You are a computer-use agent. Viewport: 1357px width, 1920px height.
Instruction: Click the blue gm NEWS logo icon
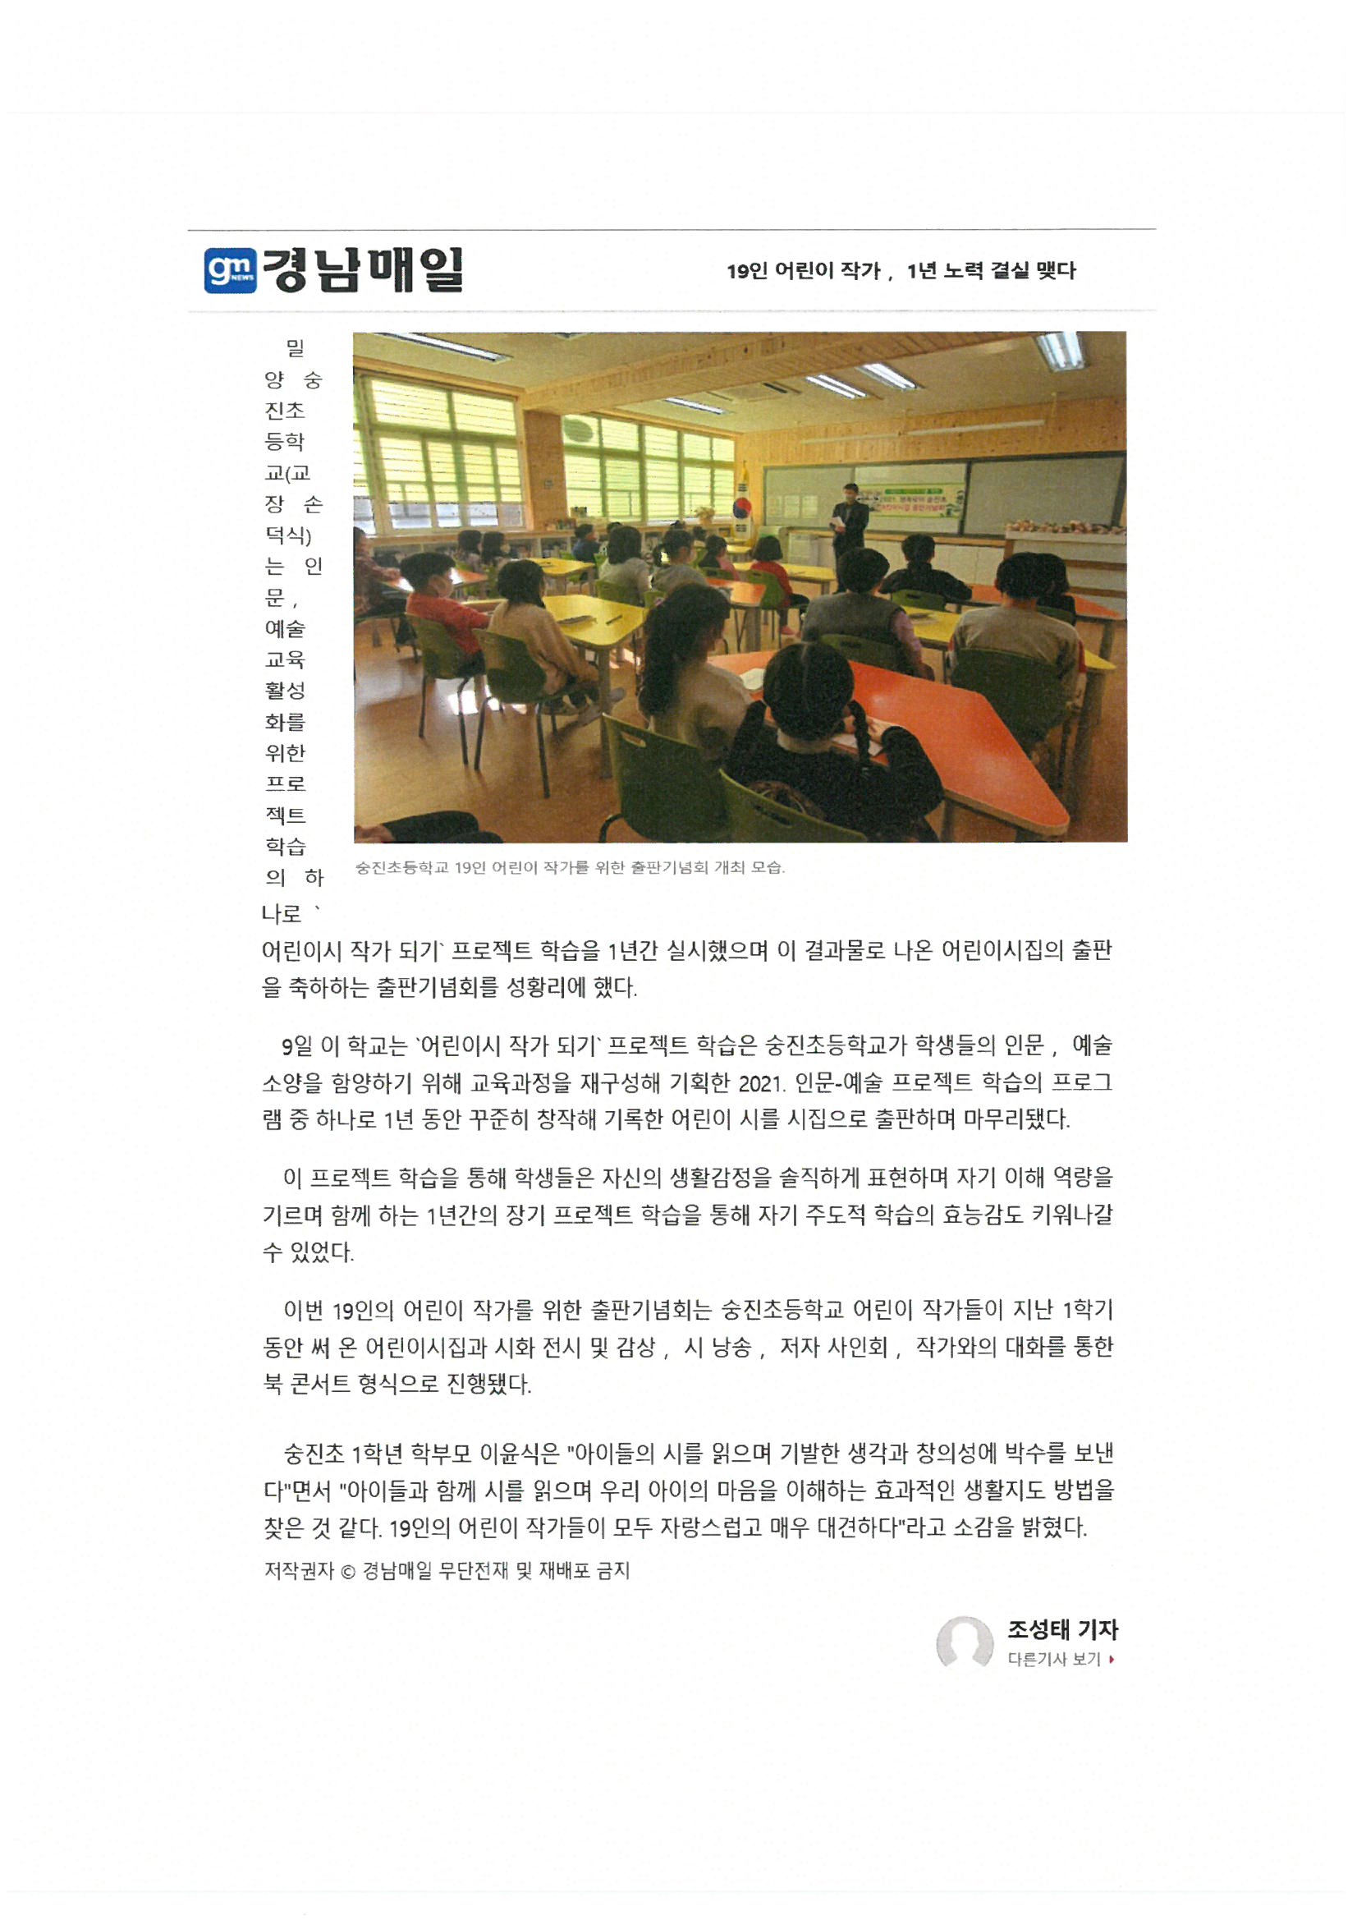(x=230, y=270)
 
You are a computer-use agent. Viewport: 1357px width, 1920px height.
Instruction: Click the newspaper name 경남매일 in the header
(x=362, y=270)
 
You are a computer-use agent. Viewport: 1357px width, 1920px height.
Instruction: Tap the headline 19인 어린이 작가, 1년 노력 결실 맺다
(x=901, y=271)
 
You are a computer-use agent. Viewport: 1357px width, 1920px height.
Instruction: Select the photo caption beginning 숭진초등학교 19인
(x=570, y=867)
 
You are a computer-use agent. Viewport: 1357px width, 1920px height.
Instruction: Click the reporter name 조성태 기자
(x=1061, y=1629)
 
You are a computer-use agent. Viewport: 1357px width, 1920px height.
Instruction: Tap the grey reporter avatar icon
(x=964, y=1642)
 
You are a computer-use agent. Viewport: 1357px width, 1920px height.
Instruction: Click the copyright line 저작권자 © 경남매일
(x=447, y=1570)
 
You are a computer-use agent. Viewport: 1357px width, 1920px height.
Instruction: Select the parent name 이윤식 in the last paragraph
(x=509, y=1454)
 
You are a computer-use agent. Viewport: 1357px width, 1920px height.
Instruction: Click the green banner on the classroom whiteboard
(x=909, y=500)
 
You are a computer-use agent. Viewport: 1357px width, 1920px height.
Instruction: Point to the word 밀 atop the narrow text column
(x=296, y=348)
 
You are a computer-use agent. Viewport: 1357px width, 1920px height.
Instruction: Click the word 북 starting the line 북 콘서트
(x=273, y=1384)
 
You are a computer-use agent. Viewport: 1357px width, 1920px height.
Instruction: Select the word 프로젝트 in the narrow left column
(x=285, y=798)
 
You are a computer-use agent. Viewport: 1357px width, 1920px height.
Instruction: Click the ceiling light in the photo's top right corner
(x=1061, y=349)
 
